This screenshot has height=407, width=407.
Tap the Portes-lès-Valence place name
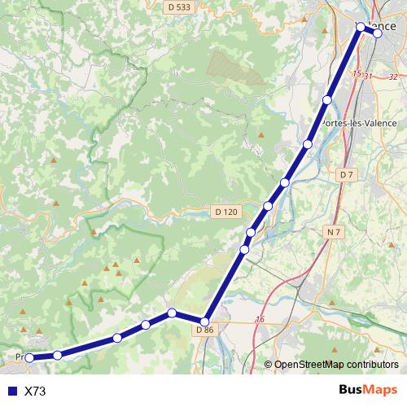(359, 123)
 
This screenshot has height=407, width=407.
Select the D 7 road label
(348, 175)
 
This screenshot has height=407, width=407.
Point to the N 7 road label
(332, 233)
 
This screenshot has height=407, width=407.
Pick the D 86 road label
(204, 330)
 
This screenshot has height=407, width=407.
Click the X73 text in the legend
(35, 392)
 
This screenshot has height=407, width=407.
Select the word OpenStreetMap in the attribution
(309, 365)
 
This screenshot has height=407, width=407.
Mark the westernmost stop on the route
(30, 357)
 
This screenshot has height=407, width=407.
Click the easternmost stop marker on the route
(378, 33)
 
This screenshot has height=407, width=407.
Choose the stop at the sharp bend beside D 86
(205, 322)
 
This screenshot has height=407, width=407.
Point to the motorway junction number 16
(260, 319)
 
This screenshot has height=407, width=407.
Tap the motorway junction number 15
(356, 74)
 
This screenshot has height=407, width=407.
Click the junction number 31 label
(369, 77)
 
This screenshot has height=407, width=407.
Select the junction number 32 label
(393, 77)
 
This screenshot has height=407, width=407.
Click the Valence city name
(377, 24)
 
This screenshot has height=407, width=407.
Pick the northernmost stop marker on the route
(361, 28)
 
